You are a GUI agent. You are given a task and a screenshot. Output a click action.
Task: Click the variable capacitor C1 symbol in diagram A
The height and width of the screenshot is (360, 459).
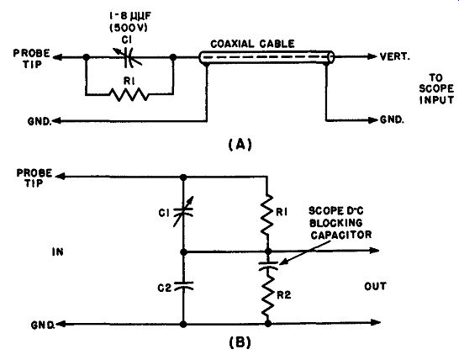click(x=128, y=57)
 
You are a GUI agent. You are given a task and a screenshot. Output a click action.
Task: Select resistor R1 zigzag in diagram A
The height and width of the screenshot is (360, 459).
click(x=129, y=94)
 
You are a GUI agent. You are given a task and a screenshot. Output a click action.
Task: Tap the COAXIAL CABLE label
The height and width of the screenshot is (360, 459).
click(x=252, y=44)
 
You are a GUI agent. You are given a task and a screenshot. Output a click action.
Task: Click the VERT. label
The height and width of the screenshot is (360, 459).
click(x=394, y=56)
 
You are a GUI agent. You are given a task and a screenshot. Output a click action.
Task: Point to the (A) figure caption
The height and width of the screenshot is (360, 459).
click(x=240, y=144)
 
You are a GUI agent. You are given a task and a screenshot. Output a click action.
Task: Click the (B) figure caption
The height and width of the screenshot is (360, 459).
click(x=240, y=342)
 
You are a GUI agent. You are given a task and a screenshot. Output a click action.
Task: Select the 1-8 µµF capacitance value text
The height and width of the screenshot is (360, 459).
click(x=129, y=17)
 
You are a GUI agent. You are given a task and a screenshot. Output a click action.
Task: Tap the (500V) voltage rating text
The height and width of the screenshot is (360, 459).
click(x=129, y=28)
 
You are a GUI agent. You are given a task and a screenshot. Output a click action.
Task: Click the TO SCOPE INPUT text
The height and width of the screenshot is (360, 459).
click(x=436, y=89)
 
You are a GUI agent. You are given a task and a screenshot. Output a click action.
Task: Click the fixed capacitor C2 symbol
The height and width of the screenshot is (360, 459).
click(x=183, y=286)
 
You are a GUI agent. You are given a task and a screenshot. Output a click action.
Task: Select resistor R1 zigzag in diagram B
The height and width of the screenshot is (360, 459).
click(x=267, y=214)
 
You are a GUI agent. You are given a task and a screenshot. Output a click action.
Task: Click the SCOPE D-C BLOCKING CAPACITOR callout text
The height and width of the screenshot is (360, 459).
click(x=340, y=223)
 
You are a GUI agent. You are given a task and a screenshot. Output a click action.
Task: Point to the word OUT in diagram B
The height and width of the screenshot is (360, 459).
click(x=375, y=286)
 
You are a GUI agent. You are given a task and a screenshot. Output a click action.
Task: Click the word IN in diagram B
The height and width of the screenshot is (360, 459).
click(x=58, y=251)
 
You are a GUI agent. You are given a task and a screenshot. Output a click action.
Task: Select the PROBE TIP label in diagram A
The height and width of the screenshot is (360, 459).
click(x=32, y=59)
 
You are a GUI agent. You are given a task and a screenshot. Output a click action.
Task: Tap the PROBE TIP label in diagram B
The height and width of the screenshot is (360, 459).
click(x=34, y=178)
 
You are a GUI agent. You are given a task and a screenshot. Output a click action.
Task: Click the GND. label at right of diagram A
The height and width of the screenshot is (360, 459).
click(x=392, y=119)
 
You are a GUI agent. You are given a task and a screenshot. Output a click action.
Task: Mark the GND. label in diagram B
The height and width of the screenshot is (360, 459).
click(x=43, y=325)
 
